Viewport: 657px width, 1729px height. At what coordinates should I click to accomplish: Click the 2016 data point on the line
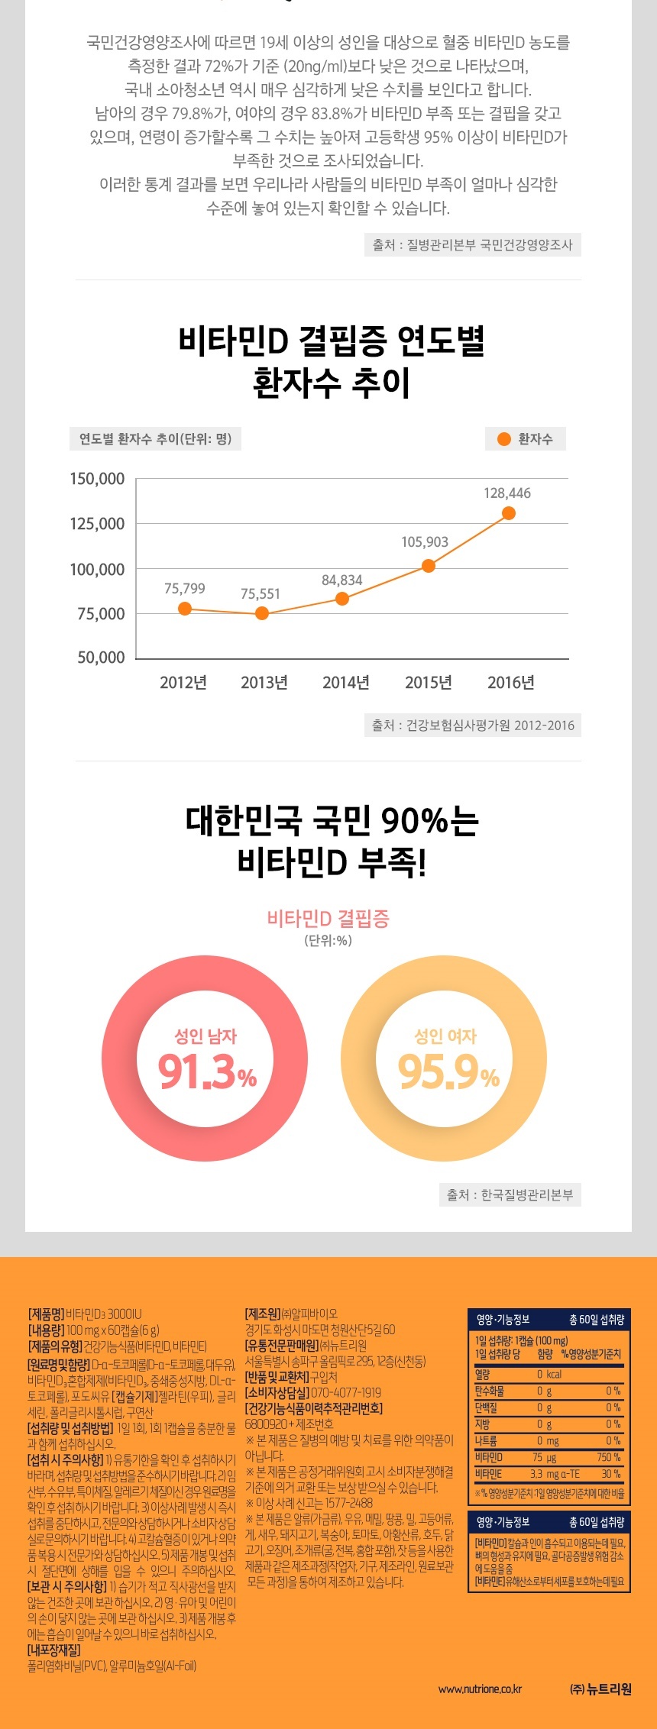[x=508, y=513]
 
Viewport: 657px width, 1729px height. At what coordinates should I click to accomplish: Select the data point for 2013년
[x=262, y=613]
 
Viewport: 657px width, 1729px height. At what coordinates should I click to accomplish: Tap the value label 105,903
[x=425, y=542]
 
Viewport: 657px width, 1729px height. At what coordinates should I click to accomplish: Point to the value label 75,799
[x=185, y=589]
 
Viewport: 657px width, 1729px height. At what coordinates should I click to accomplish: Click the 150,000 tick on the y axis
[x=97, y=479]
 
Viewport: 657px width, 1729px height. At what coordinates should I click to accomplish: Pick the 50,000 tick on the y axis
[x=101, y=658]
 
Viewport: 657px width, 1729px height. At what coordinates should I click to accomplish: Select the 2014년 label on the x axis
[x=346, y=683]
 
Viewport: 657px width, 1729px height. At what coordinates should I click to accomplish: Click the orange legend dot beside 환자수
[x=503, y=439]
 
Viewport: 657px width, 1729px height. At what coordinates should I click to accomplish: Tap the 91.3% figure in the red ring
[x=207, y=1072]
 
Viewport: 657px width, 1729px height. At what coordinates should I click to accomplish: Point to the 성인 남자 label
[x=206, y=1036]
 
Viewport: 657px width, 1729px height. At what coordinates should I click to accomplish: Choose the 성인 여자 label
[x=445, y=1036]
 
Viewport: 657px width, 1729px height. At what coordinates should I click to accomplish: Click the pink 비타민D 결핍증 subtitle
[x=328, y=918]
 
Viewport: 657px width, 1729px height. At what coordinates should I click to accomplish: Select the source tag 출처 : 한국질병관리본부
[x=510, y=1194]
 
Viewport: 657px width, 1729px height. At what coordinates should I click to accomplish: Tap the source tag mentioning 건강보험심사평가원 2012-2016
[x=473, y=726]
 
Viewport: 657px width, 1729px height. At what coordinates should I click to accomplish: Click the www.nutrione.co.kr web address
[x=480, y=1689]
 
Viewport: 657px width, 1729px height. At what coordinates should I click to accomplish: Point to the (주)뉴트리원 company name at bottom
[x=600, y=1689]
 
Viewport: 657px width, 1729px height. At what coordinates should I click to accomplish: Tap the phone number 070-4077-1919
[x=346, y=1392]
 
